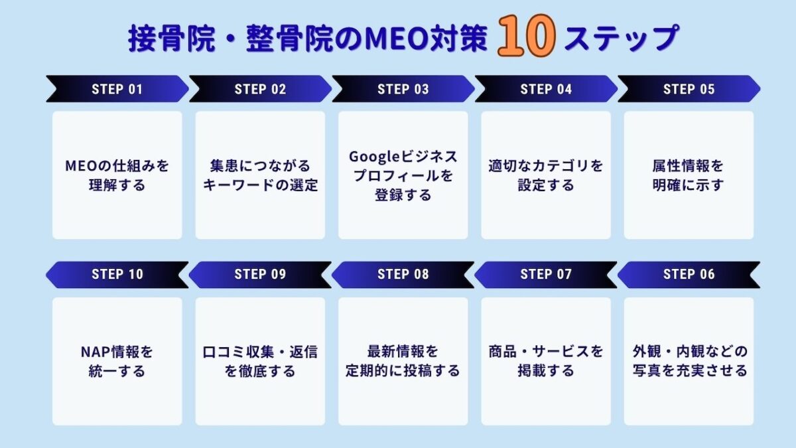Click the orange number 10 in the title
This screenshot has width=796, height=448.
[526, 36]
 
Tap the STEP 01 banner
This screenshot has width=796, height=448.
[117, 89]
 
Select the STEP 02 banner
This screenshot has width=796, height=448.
[260, 89]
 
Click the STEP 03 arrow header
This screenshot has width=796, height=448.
[403, 89]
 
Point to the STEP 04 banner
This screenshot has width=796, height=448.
[546, 89]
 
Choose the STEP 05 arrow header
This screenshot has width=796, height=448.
[689, 89]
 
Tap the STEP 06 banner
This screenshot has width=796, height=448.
[689, 275]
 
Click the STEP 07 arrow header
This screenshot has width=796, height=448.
[546, 275]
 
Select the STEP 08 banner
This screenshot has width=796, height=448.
[403, 275]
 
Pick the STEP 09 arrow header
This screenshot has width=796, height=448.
[260, 275]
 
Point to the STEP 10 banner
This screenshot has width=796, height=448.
[117, 275]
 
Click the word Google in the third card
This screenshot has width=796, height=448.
[375, 157]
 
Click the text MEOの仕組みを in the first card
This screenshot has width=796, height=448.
[117, 166]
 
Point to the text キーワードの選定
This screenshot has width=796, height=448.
[260, 185]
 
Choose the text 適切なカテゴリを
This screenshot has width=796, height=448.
[546, 166]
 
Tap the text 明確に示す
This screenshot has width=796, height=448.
[689, 185]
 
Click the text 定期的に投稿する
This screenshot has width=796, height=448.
[403, 371]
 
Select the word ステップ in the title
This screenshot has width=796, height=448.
[622, 37]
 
